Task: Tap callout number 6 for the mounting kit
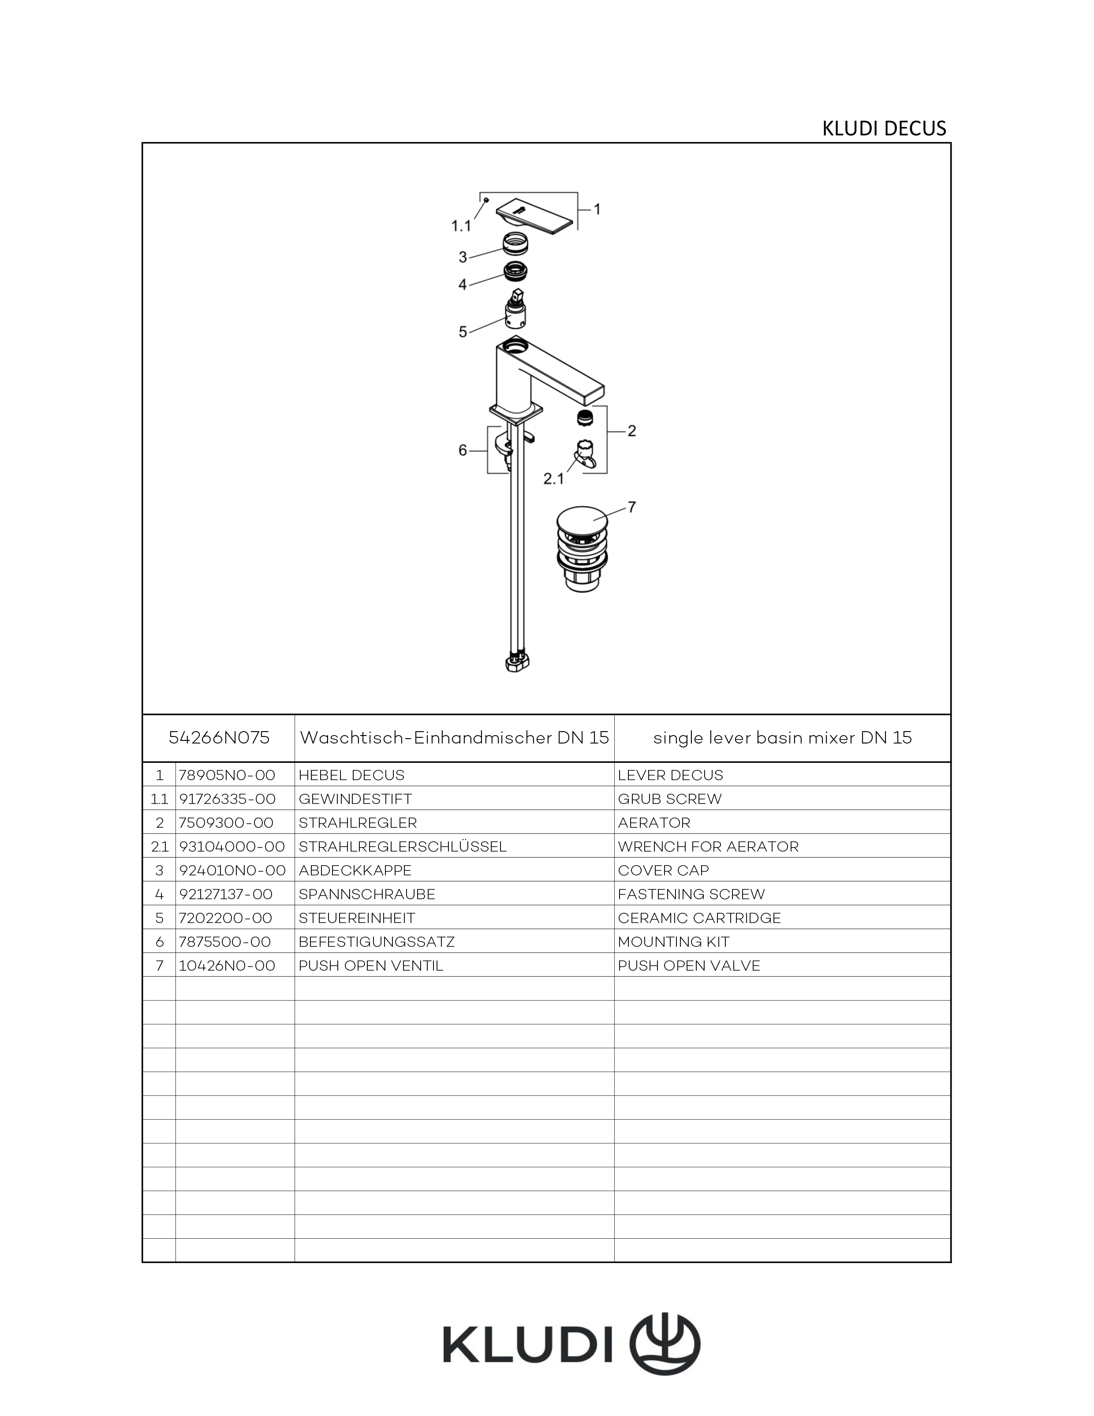click(x=463, y=450)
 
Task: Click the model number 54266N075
click(x=219, y=738)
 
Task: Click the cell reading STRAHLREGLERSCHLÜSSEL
click(x=402, y=847)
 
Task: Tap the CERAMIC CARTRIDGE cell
click(x=699, y=918)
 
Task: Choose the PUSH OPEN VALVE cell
click(x=689, y=965)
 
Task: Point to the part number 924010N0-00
click(x=231, y=870)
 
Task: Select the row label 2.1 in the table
click(x=159, y=847)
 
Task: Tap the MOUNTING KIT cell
click(x=673, y=942)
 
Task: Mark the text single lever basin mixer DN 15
click(x=782, y=738)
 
